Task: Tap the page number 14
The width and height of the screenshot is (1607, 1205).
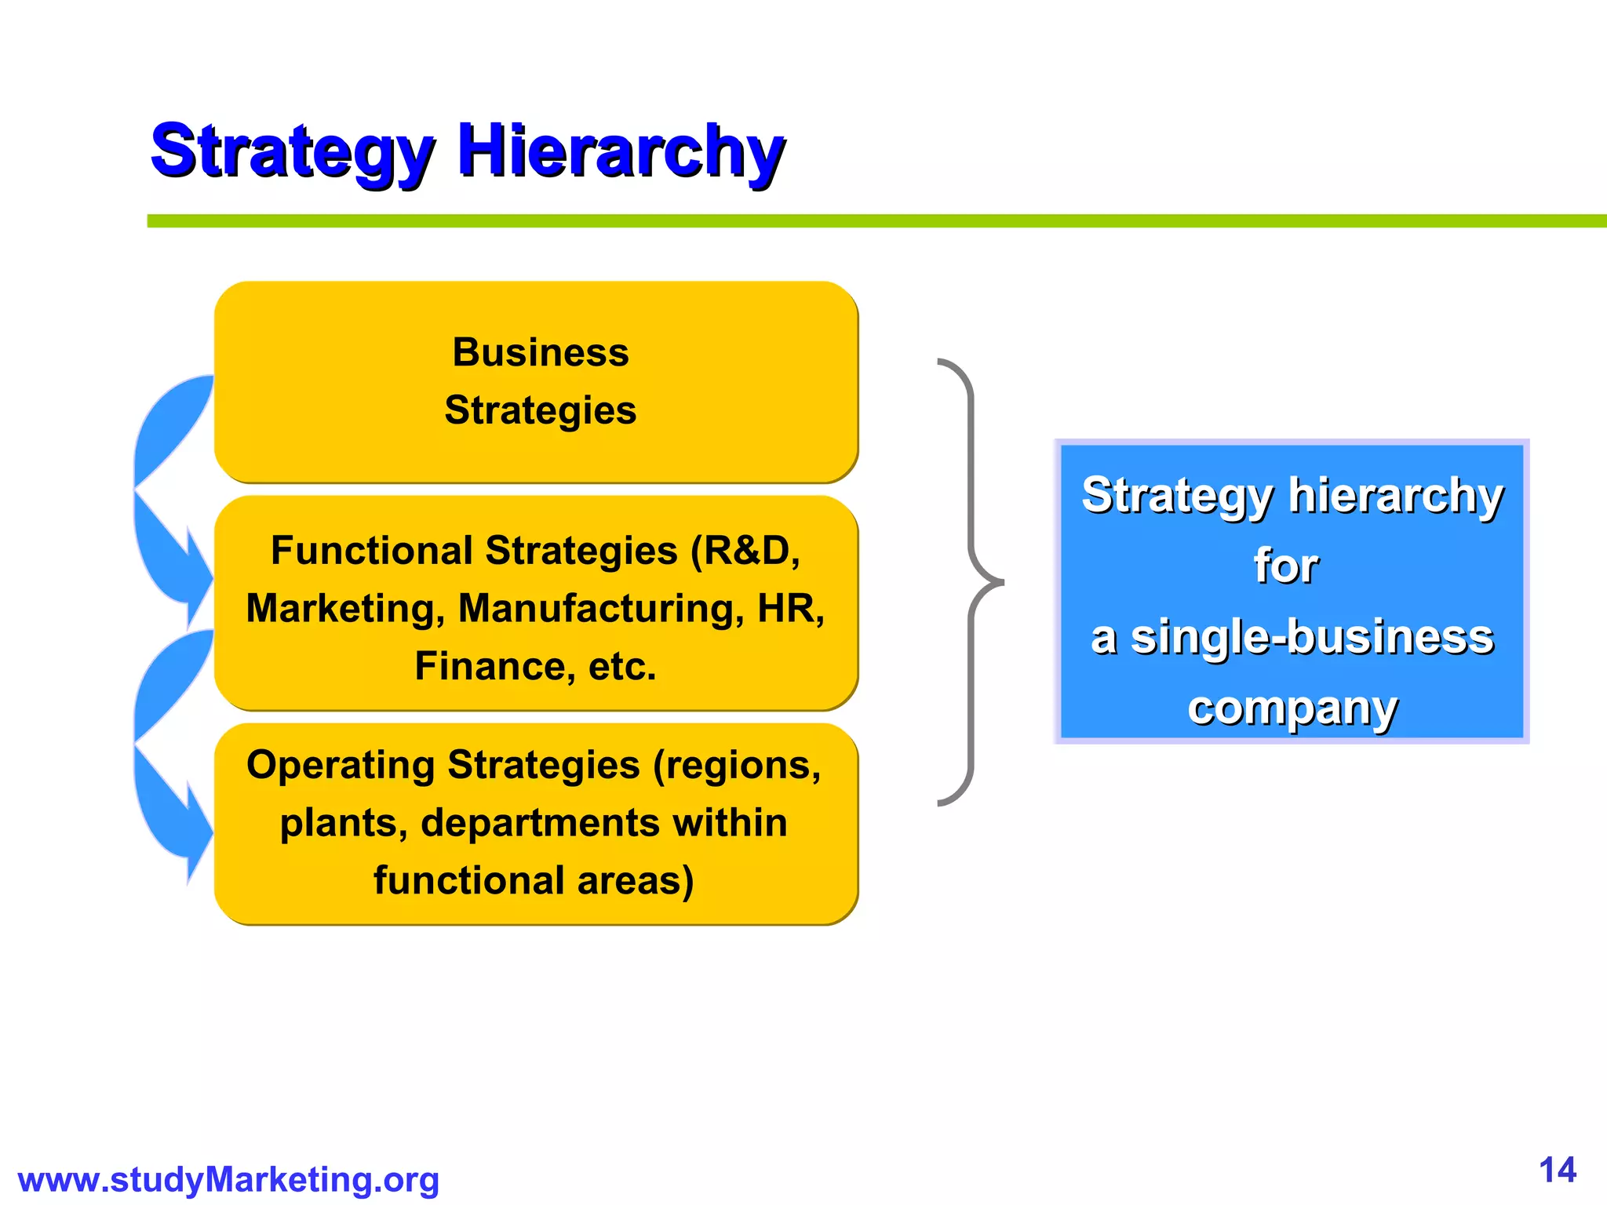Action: click(1557, 1170)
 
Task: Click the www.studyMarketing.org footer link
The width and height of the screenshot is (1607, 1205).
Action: click(228, 1180)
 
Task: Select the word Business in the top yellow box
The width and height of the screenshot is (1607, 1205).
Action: click(541, 352)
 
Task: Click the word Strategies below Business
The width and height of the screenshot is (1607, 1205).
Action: click(541, 410)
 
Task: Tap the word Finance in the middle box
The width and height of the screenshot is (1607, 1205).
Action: click(489, 667)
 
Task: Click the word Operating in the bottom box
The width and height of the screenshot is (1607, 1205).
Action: click(341, 765)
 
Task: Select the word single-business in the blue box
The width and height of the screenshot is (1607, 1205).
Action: click(1311, 637)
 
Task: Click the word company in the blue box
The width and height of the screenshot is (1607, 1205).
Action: click(1292, 708)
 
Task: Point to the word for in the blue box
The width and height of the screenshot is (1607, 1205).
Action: click(1285, 566)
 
